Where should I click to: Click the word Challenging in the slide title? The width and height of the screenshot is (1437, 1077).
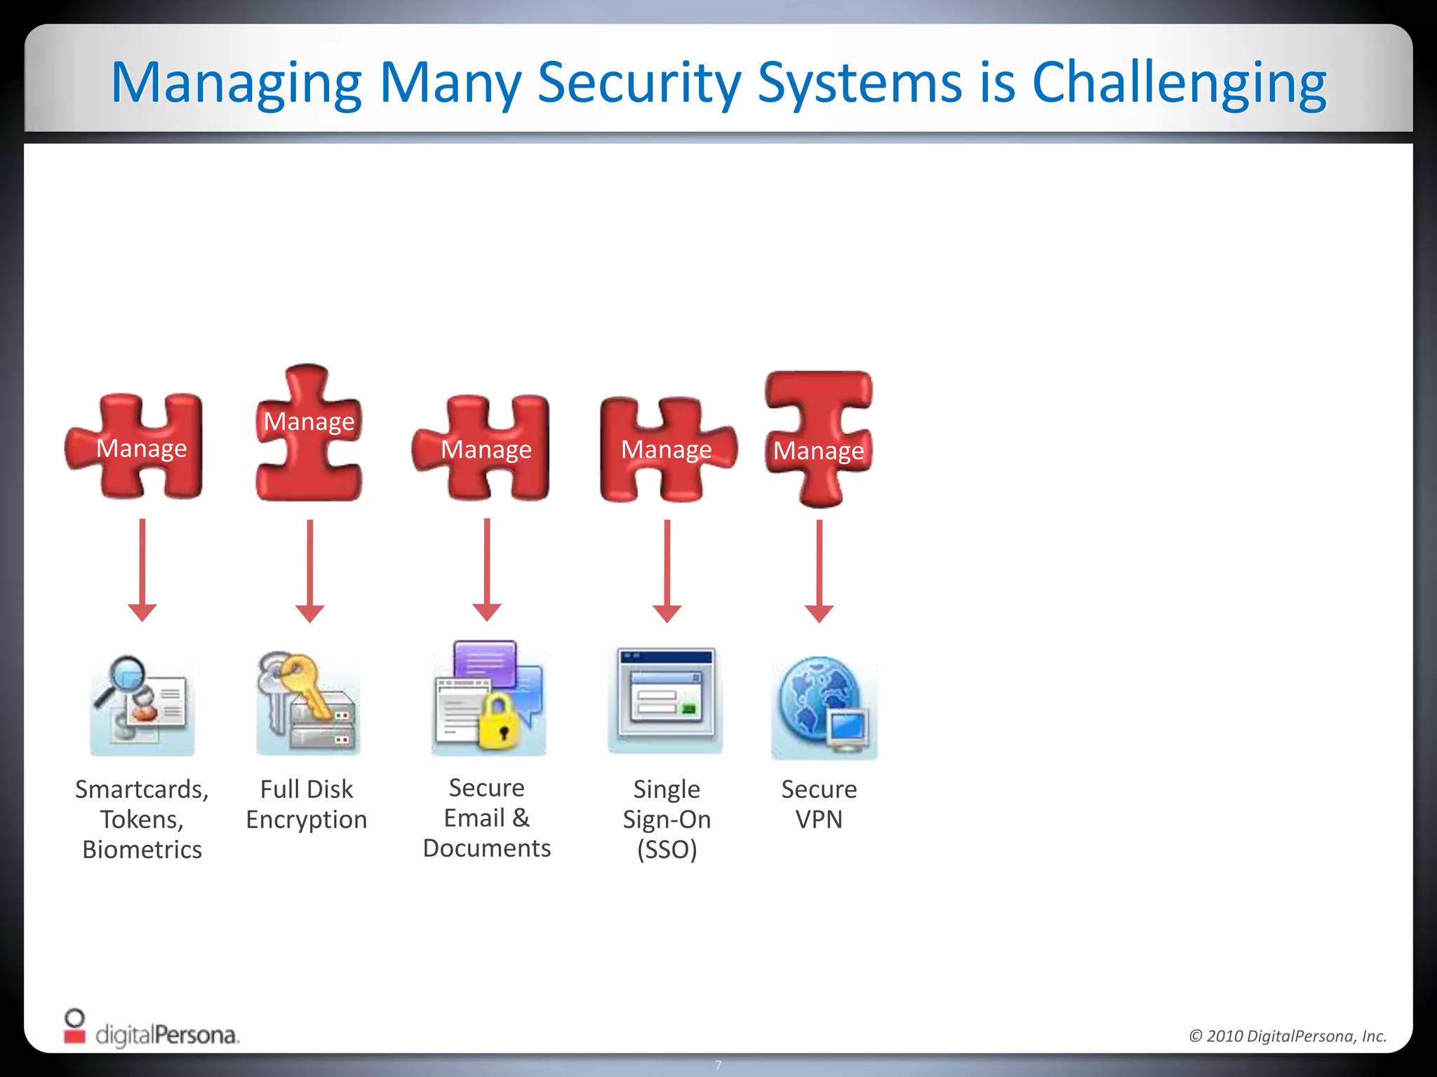click(1179, 83)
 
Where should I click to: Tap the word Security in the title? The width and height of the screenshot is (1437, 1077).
click(639, 83)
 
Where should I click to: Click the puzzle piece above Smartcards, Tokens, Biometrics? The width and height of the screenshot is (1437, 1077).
click(135, 447)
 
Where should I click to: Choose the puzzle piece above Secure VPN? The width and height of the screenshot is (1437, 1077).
click(819, 438)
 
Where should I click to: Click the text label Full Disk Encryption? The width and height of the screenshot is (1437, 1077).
click(307, 804)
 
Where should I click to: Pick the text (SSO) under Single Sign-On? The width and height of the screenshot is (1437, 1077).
click(667, 850)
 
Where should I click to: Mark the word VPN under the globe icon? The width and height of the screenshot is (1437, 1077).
click(819, 820)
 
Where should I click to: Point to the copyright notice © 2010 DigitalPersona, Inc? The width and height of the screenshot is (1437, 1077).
click(1288, 1036)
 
